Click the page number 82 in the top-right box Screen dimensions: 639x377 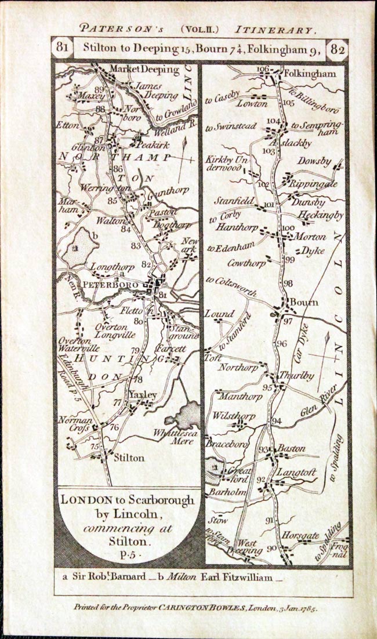336,49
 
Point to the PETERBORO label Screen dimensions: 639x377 111,285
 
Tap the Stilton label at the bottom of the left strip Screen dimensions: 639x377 129,458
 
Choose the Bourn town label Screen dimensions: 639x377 304,302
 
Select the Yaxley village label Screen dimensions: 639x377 143,395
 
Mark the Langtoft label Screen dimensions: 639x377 295,473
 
